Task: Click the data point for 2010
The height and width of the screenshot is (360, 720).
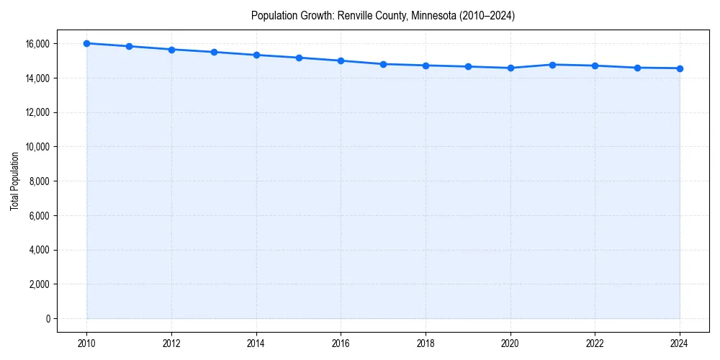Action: point(86,43)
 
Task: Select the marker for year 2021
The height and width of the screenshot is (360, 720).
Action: point(552,65)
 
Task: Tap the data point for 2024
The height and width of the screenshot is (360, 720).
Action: point(680,68)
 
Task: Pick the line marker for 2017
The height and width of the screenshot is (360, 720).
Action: point(383,64)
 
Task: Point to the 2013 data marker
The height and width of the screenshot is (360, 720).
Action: point(214,52)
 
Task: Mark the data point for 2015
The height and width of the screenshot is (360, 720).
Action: point(299,58)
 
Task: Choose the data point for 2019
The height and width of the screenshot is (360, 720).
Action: point(468,66)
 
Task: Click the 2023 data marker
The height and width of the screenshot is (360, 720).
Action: point(637,68)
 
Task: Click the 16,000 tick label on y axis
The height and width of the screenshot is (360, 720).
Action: point(35,44)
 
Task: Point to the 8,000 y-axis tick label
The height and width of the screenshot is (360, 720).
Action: point(37,181)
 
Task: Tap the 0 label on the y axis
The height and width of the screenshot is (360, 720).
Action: point(48,319)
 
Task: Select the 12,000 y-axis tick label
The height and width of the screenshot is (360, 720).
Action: point(35,112)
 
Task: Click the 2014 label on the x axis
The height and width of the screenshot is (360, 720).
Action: point(256,343)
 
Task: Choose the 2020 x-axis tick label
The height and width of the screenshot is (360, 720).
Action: point(510,343)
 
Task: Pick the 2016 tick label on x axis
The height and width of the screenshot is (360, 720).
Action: point(341,343)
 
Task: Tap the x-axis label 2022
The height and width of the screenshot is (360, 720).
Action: point(595,343)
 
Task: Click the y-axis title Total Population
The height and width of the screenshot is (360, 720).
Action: point(14,181)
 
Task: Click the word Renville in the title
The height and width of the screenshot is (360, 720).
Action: point(354,15)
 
